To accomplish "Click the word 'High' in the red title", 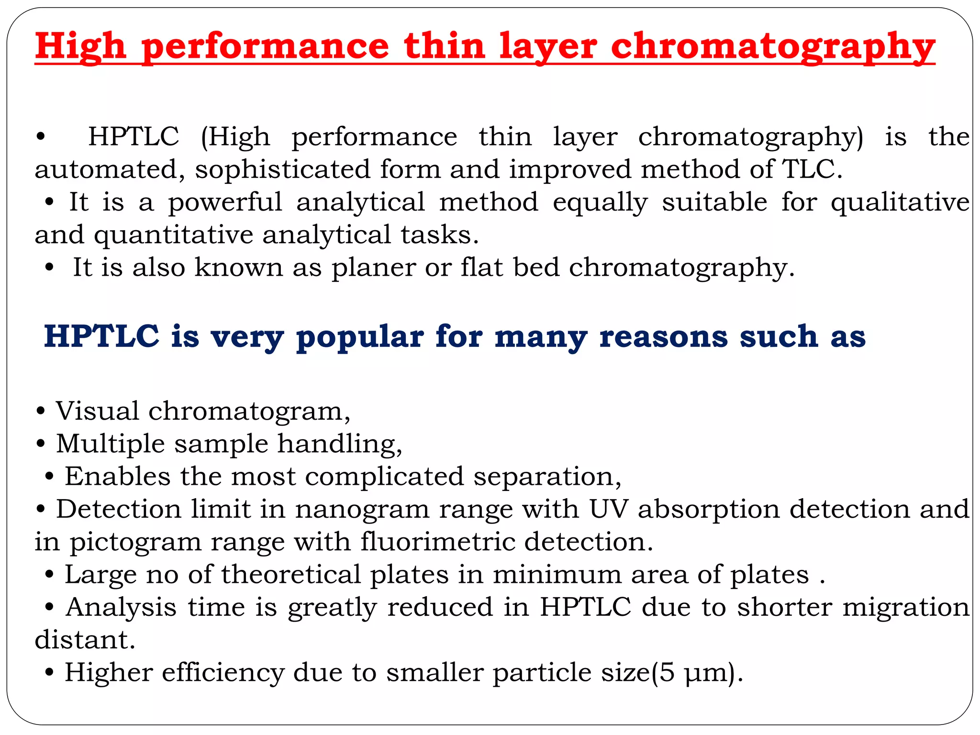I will [x=80, y=47].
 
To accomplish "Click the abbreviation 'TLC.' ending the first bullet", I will [x=812, y=169].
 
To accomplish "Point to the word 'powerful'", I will [x=225, y=202].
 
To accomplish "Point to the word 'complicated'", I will [x=384, y=477].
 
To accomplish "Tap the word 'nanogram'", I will [x=362, y=510].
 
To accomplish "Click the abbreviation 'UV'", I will [x=608, y=509].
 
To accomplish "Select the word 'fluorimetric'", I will [x=437, y=542].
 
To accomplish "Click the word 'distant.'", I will [x=85, y=640].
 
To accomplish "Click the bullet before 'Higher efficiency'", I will [x=49, y=673].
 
